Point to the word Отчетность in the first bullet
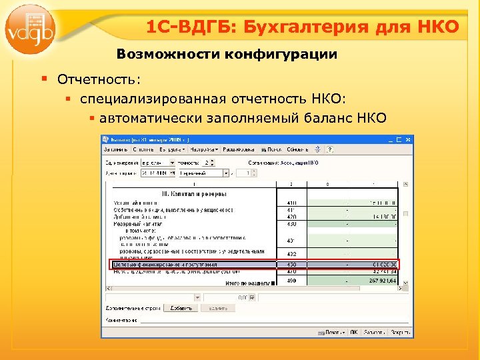(99, 79)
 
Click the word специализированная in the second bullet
(155, 99)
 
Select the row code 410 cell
(291, 202)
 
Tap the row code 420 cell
(291, 217)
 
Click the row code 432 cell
(291, 254)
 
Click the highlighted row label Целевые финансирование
(167, 265)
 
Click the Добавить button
(181, 308)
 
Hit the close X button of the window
(407, 139)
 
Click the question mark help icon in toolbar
(330, 149)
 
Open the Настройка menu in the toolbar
(204, 149)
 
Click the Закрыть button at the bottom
(399, 331)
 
